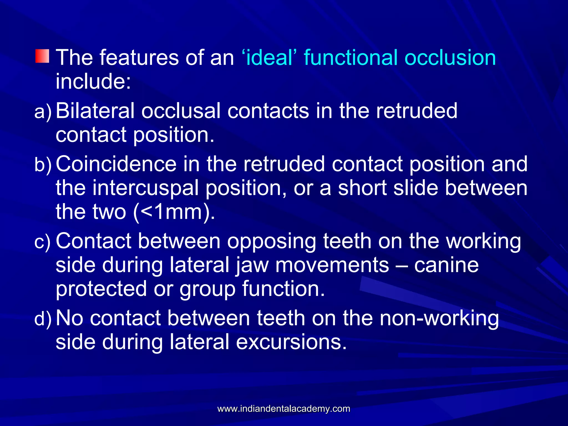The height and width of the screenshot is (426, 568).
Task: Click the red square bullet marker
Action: pyautogui.click(x=42, y=56)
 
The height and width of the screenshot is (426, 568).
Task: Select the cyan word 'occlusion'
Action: pyautogui.click(x=450, y=58)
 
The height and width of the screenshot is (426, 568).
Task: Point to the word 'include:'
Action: pyautogui.click(x=93, y=81)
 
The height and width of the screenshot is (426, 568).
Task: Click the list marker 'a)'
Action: pyautogui.click(x=43, y=112)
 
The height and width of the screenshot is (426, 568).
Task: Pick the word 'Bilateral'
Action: pyautogui.click(x=95, y=111)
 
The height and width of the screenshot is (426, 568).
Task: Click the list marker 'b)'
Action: pyautogui.click(x=43, y=165)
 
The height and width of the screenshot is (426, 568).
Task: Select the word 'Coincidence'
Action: pyautogui.click(x=116, y=164)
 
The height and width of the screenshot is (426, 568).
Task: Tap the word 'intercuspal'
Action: pyautogui.click(x=145, y=188)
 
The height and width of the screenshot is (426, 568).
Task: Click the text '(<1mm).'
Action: pyautogui.click(x=174, y=212)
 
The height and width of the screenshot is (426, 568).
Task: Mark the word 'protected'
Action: pyautogui.click(x=101, y=289)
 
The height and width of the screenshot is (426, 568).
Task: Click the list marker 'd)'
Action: pyautogui.click(x=43, y=319)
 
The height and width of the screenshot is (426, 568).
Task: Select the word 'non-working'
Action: pyautogui.click(x=439, y=318)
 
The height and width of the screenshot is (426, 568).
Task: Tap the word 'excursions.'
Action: pyautogui.click(x=291, y=342)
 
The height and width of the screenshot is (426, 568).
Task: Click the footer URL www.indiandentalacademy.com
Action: pyautogui.click(x=284, y=409)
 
